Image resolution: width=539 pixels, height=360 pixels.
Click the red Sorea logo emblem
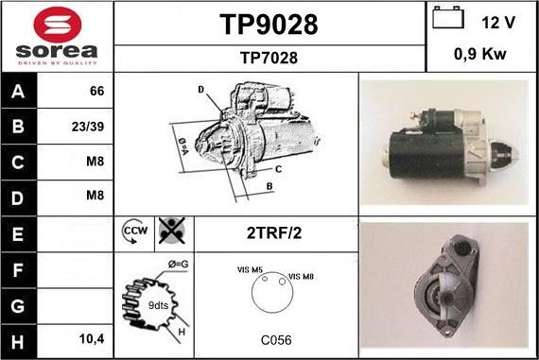click(x=58, y=25)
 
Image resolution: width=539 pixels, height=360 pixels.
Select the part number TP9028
click(x=269, y=25)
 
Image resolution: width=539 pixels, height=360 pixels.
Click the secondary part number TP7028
click(x=269, y=58)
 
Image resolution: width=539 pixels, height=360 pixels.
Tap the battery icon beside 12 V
click(x=448, y=18)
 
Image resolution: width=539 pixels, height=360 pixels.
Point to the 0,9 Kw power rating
click(x=479, y=54)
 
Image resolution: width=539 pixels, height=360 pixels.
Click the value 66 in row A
click(x=97, y=91)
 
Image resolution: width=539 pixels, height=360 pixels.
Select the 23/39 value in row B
click(x=88, y=127)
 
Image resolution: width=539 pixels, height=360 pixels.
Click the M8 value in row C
click(x=95, y=162)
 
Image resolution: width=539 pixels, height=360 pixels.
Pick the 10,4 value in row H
click(x=92, y=339)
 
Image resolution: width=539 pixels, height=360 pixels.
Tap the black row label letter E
click(x=18, y=234)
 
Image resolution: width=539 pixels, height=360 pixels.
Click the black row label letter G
click(x=18, y=306)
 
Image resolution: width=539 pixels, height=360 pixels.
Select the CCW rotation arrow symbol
click(x=134, y=231)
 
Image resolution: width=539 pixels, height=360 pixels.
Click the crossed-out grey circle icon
click(x=172, y=231)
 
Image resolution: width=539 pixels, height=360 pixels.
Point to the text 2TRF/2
click(x=274, y=233)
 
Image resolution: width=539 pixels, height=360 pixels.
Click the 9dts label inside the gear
click(x=158, y=305)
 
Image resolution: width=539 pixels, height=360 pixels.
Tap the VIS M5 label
click(x=250, y=270)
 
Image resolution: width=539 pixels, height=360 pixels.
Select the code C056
click(x=276, y=340)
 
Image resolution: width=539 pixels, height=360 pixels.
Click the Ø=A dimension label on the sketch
click(x=183, y=146)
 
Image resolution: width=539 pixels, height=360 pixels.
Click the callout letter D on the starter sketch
click(x=201, y=90)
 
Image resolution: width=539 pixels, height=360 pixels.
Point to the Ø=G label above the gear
click(x=178, y=265)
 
